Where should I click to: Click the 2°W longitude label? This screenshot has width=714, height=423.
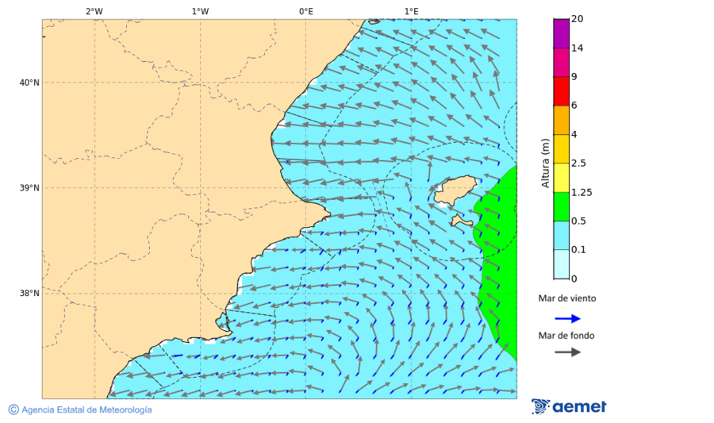point(94,11)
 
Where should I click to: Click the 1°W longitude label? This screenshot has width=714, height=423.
point(200,11)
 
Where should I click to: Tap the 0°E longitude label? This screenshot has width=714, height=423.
point(305,11)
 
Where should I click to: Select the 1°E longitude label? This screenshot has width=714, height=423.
point(412,11)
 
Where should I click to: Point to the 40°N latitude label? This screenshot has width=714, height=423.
point(29,83)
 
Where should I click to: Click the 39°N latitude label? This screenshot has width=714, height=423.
point(29,188)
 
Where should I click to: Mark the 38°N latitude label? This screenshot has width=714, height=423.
point(29,294)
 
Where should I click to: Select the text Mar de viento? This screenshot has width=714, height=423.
point(566,298)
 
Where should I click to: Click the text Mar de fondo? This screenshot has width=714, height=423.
point(566,335)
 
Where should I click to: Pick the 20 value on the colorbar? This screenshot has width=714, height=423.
point(577,19)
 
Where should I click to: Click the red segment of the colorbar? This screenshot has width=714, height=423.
point(561,91)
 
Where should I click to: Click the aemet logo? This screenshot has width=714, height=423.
point(569,406)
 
